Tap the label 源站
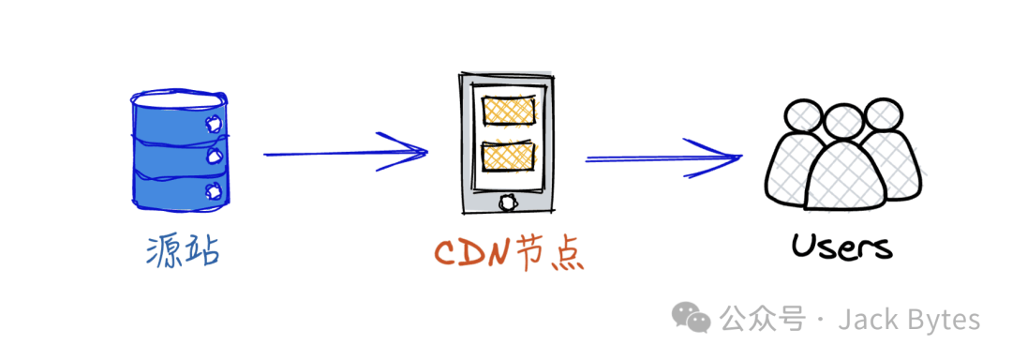tap(183, 251)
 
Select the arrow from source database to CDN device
tap(345, 153)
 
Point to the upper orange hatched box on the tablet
tap(509, 111)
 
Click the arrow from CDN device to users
tap(663, 157)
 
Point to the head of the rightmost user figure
tap(883, 115)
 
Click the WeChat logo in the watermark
tap(692, 319)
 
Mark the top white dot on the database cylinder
tap(213, 123)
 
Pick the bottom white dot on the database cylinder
tap(213, 189)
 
